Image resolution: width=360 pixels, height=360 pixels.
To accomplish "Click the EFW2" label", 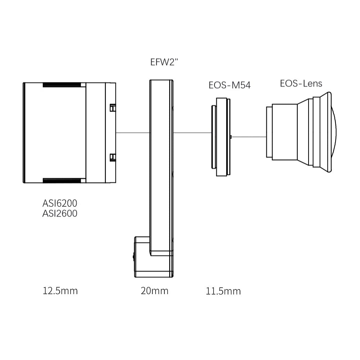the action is click(164, 62).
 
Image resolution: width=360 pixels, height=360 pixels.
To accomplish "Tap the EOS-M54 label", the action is click(229, 85).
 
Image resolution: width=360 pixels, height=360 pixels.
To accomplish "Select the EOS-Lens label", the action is click(301, 84).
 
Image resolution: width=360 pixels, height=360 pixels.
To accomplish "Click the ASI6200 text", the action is click(60, 203).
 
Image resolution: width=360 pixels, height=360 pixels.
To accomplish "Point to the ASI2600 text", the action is click(60, 213).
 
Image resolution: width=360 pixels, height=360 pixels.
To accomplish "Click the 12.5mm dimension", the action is click(60, 291).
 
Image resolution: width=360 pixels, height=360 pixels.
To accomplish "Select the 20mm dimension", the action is click(154, 291).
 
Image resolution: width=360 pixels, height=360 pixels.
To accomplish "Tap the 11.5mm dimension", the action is click(223, 291).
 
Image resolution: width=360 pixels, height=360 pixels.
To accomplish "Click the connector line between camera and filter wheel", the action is click(133, 132).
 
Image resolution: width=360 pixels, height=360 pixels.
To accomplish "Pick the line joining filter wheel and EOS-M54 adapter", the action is click(192, 132).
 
